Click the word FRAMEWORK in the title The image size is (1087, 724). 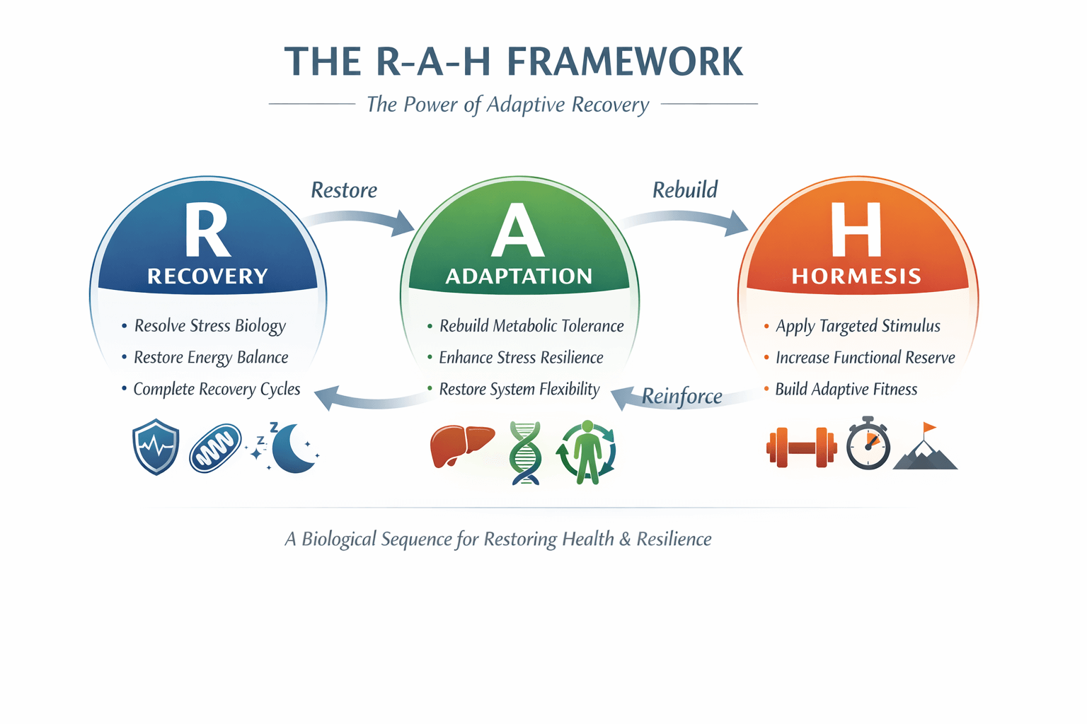click(625, 62)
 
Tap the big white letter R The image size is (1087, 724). click(207, 229)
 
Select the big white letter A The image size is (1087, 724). click(518, 229)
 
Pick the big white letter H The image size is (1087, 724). click(856, 229)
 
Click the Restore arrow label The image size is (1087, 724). click(343, 189)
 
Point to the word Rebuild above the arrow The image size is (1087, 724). click(685, 189)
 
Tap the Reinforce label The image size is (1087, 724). click(681, 397)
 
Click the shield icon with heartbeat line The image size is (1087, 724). click(155, 447)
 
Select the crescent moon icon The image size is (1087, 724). click(292, 448)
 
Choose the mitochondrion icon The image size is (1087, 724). click(215, 448)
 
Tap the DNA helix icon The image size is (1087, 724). click(525, 453)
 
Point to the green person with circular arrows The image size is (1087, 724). click(587, 452)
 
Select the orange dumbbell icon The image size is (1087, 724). click(802, 447)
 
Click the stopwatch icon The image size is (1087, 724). click(868, 443)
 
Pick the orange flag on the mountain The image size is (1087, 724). click(928, 427)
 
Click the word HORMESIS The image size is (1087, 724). click(856, 276)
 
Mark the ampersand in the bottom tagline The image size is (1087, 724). click(625, 539)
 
